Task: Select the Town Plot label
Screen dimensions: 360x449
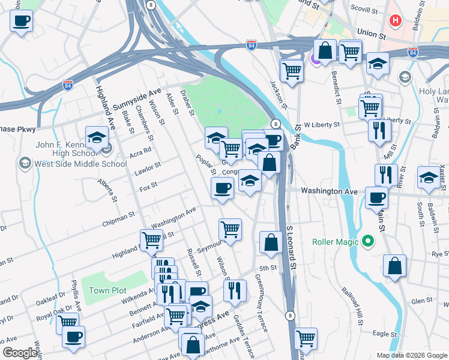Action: tap(107, 290)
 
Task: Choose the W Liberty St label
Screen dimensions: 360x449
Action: tap(322, 125)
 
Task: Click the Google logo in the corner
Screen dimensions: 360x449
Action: tap(20, 353)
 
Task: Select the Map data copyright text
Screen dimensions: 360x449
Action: tap(411, 355)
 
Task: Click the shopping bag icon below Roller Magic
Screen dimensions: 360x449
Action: tap(394, 266)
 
